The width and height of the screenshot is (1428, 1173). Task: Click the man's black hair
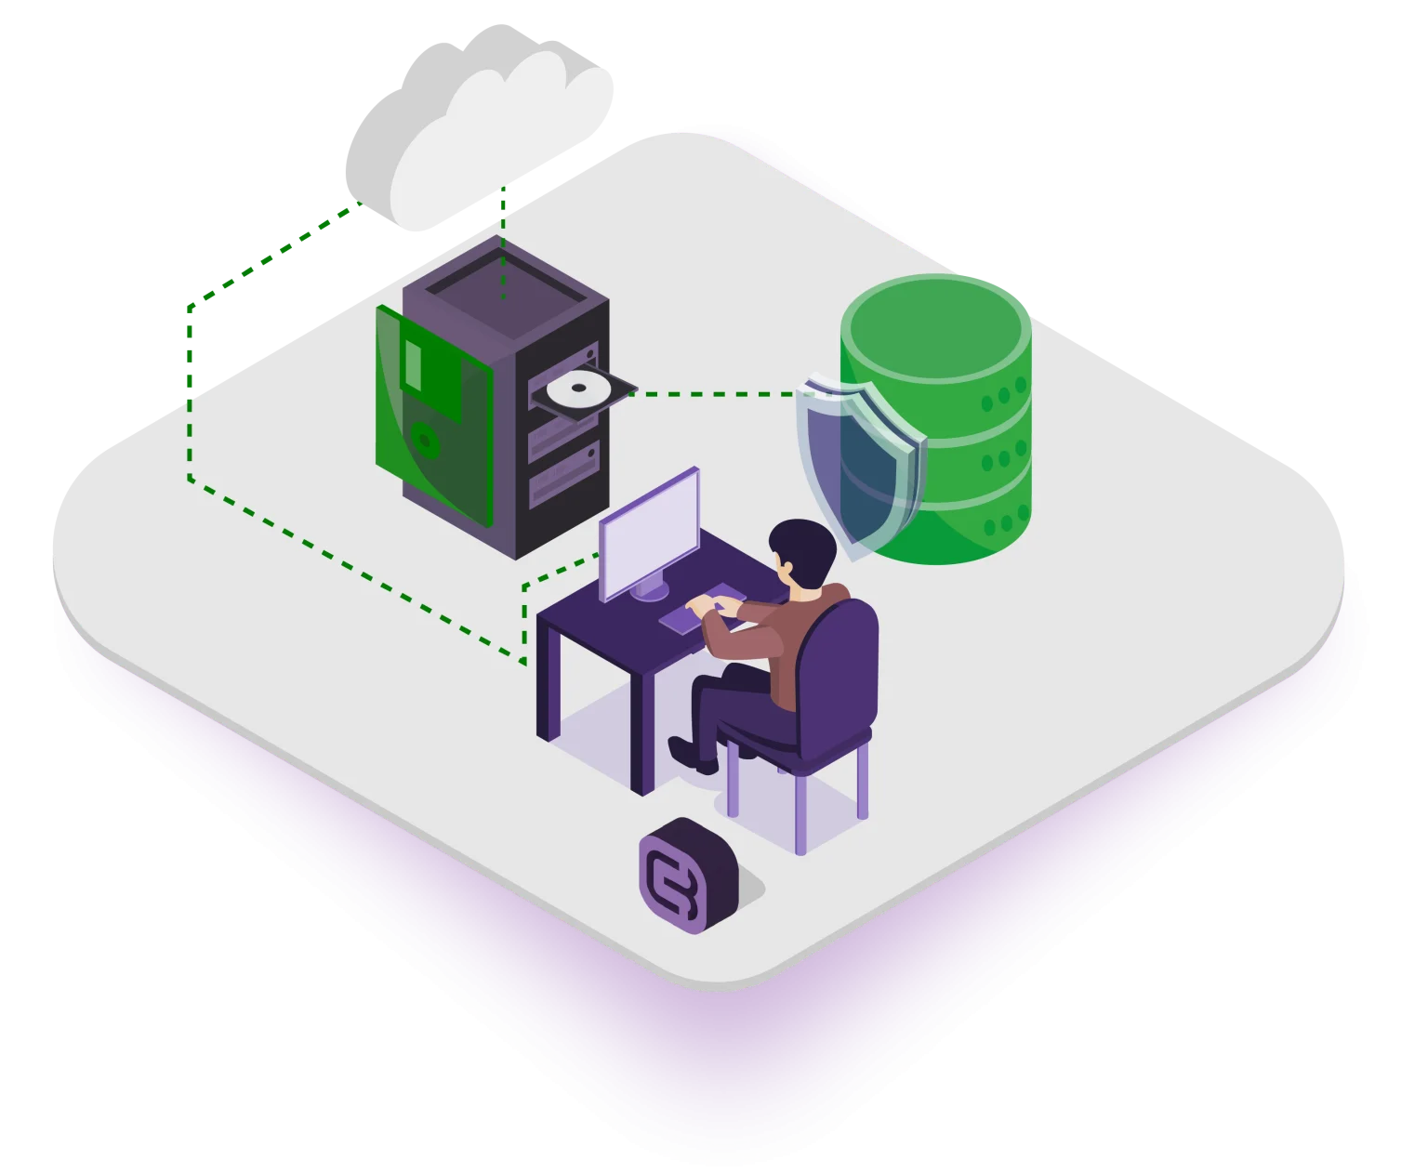801,548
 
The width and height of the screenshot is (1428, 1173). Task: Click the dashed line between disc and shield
716,394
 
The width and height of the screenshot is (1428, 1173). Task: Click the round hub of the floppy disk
425,440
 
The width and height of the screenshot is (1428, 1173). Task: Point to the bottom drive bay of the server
562,479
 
